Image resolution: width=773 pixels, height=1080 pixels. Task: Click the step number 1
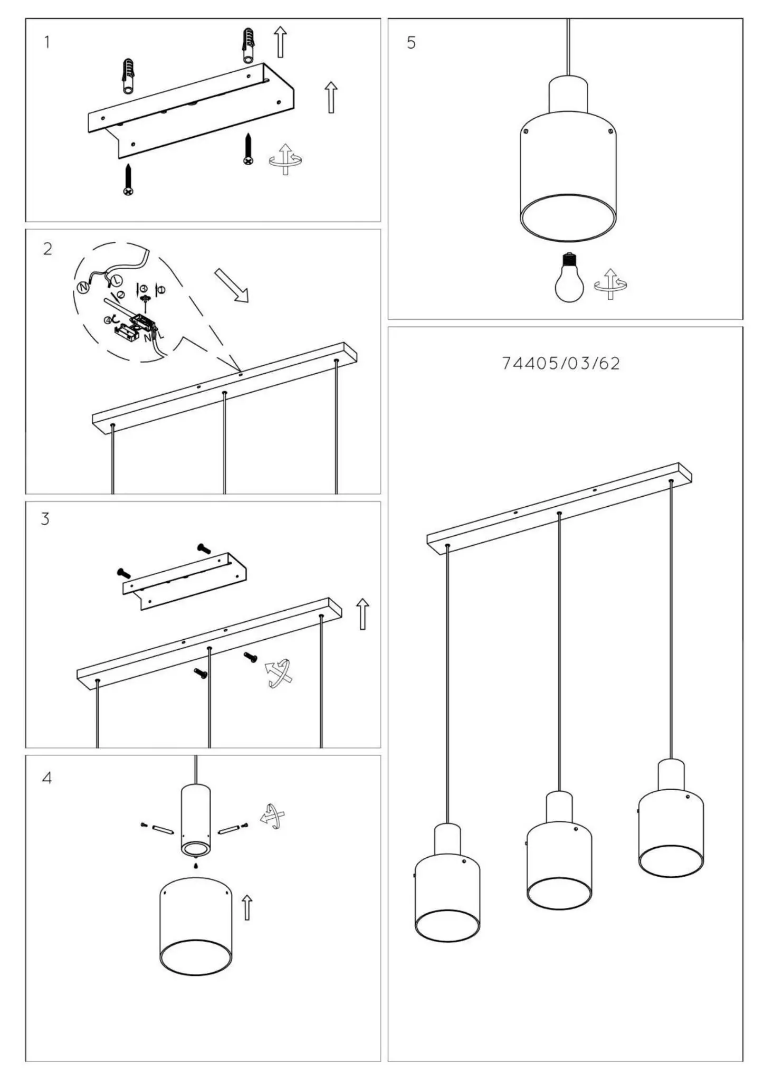click(47, 42)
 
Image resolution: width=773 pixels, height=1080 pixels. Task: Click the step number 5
click(411, 43)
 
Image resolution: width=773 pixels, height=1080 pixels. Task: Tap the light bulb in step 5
click(569, 279)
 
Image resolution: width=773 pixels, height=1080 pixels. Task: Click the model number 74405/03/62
click(560, 364)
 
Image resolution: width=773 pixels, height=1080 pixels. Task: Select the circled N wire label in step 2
click(83, 288)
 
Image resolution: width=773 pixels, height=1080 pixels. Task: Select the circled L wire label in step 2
click(116, 280)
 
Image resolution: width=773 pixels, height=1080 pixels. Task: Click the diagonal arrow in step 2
click(231, 286)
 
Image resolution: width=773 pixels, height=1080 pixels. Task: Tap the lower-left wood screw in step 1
click(128, 180)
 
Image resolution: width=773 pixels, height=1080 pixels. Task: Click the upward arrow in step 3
click(362, 614)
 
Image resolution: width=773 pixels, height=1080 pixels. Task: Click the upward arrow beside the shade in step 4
click(246, 908)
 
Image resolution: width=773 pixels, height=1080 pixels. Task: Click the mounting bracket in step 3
click(185, 581)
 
